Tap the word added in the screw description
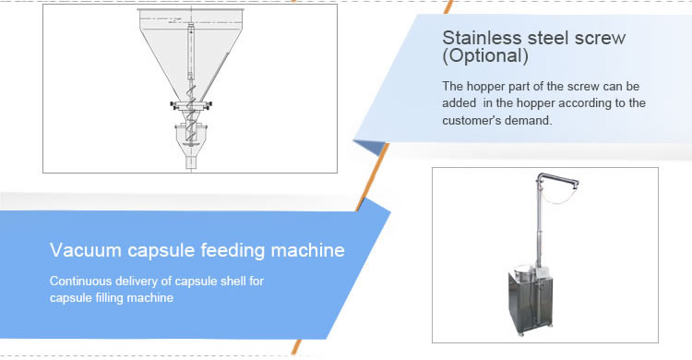pos(460,102)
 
